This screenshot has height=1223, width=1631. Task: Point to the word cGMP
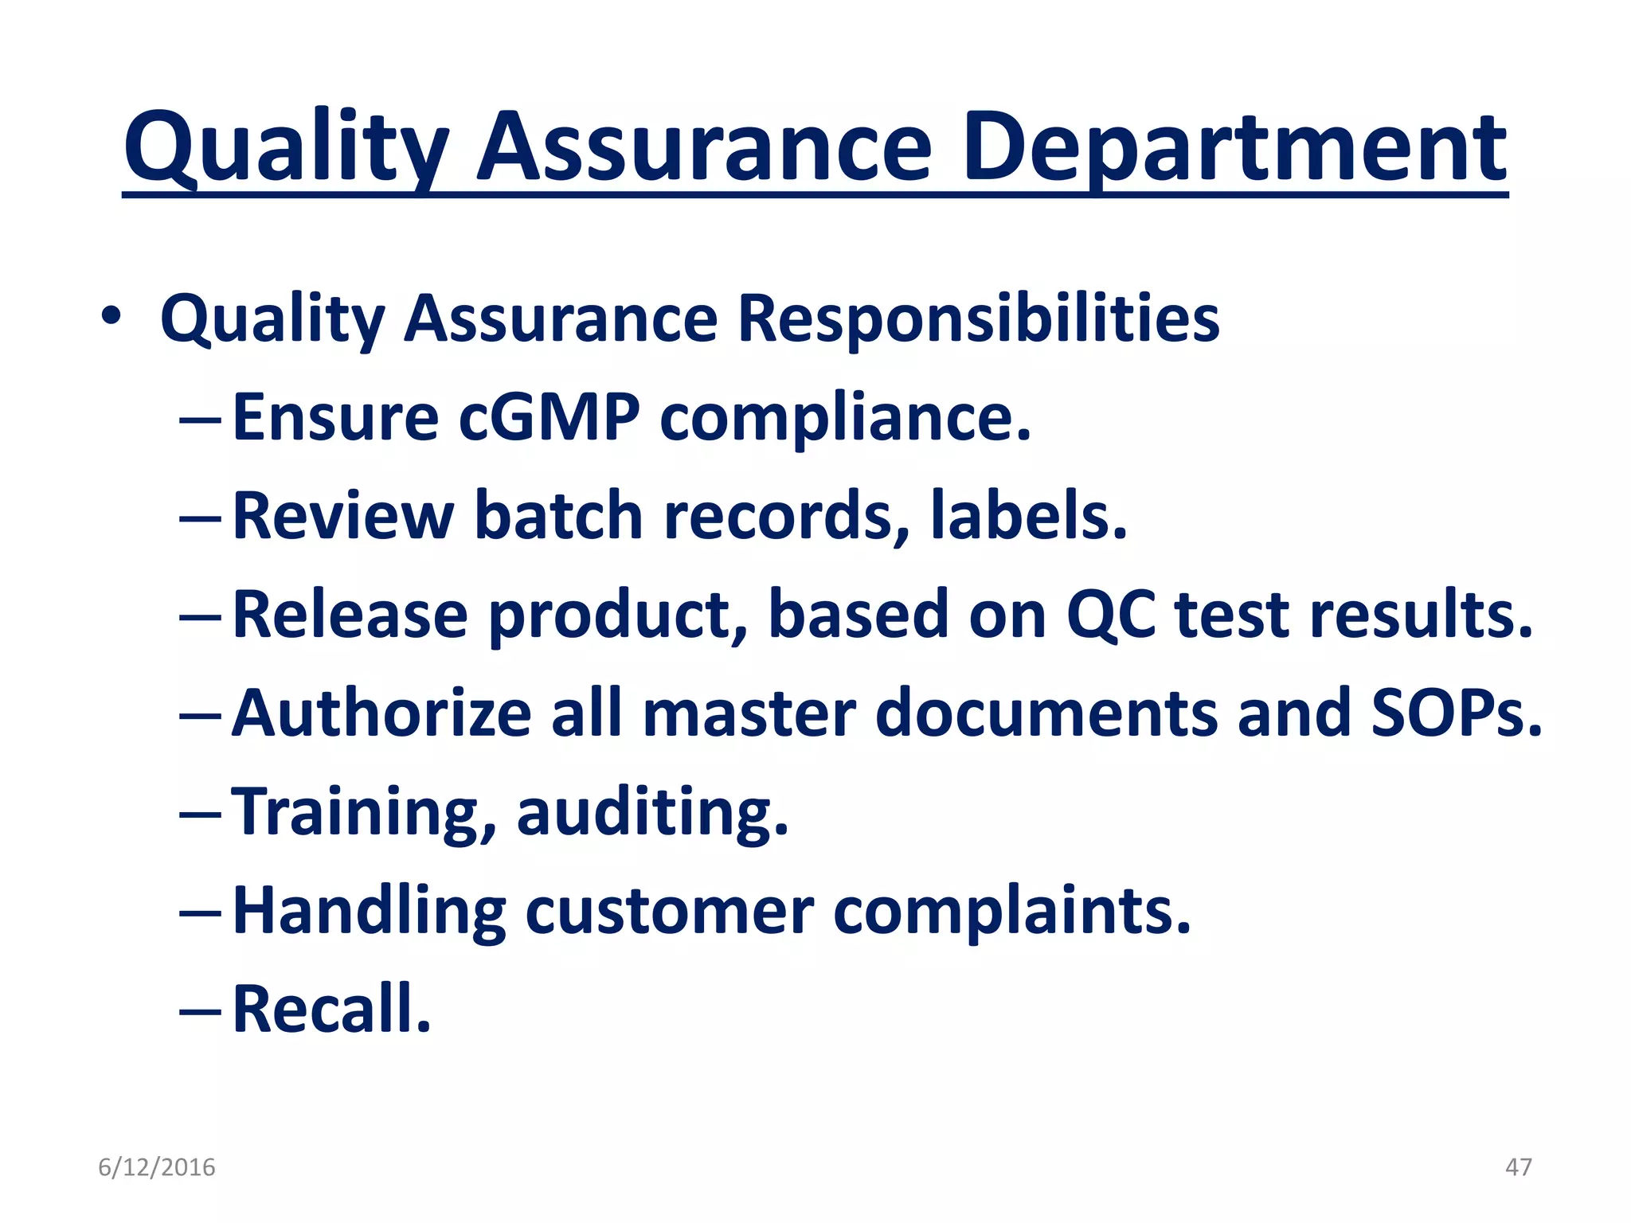pyautogui.click(x=549, y=417)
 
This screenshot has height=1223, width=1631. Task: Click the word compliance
pyautogui.click(x=845, y=419)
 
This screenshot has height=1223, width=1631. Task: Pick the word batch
pyautogui.click(x=558, y=516)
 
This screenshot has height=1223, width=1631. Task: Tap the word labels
pyautogui.click(x=1028, y=516)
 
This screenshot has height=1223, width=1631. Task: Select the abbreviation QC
pyautogui.click(x=1110, y=615)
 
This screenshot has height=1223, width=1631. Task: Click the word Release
pyautogui.click(x=350, y=615)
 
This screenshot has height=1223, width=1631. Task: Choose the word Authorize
pyautogui.click(x=381, y=713)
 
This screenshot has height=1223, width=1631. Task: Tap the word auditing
pyautogui.click(x=652, y=812)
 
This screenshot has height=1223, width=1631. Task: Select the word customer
pyautogui.click(x=669, y=911)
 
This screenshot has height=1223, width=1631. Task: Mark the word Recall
pyautogui.click(x=331, y=1009)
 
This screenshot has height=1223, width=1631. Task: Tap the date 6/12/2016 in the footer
pyautogui.click(x=157, y=1167)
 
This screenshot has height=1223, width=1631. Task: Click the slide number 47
pyautogui.click(x=1518, y=1167)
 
